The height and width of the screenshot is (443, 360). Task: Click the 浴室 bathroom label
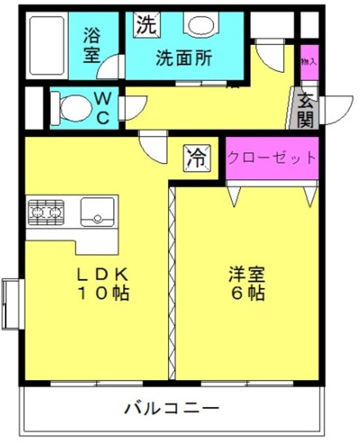pyautogui.click(x=92, y=46)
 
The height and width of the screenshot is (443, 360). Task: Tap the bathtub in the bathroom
pyautogui.click(x=46, y=46)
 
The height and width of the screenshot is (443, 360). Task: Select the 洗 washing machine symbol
pyautogui.click(x=147, y=25)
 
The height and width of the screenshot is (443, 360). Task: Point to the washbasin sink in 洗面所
pyautogui.click(x=201, y=26)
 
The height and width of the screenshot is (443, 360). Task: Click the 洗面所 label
pyautogui.click(x=184, y=58)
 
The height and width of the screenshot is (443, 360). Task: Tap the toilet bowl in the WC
pyautogui.click(x=72, y=108)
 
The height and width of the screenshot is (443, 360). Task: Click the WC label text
pyautogui.click(x=102, y=108)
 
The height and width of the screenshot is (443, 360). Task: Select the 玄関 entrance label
pyautogui.click(x=306, y=110)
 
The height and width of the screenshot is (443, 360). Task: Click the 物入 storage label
pyautogui.click(x=309, y=62)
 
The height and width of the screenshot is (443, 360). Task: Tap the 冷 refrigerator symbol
pyautogui.click(x=197, y=159)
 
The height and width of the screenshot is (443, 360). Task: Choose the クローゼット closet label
pyautogui.click(x=271, y=157)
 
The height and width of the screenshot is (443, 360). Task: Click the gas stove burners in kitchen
pyautogui.click(x=46, y=212)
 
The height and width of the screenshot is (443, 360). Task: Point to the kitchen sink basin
pyautogui.click(x=98, y=212)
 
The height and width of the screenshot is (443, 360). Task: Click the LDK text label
pyautogui.click(x=103, y=274)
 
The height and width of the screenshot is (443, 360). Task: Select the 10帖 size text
pyautogui.click(x=104, y=293)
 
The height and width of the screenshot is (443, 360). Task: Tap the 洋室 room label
pyautogui.click(x=247, y=274)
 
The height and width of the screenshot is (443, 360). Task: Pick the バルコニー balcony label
pyautogui.click(x=172, y=408)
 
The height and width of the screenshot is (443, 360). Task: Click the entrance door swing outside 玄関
pyautogui.click(x=336, y=110)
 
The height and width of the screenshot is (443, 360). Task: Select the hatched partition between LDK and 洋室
pyautogui.click(x=172, y=283)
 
